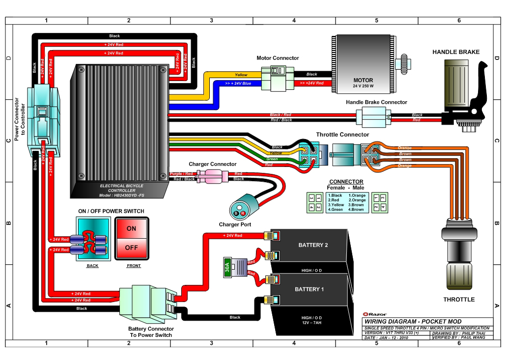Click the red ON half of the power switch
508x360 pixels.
click(131, 228)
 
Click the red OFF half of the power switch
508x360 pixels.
click(131, 248)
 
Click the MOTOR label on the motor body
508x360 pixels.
click(363, 80)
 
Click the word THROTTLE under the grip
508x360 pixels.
click(459, 299)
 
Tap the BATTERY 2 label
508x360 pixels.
click(309, 245)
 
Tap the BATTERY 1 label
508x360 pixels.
click(309, 289)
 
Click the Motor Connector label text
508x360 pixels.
click(278, 58)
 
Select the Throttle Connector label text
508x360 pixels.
click(342, 134)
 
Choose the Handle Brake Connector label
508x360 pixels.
click(376, 102)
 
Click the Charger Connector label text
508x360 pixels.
click(212, 164)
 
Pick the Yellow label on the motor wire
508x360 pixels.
click(241, 75)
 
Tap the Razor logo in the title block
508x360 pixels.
click(374, 314)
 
